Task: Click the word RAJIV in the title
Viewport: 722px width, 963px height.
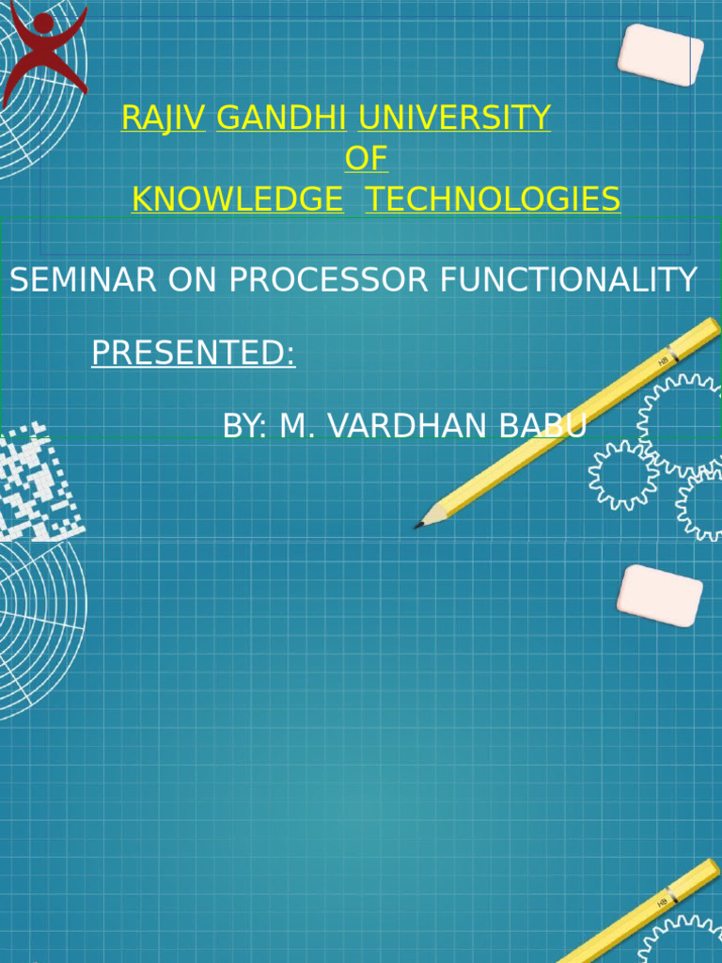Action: [x=163, y=118]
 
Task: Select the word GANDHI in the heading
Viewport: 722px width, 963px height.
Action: [x=281, y=118]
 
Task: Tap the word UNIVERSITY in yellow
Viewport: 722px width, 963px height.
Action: [x=454, y=118]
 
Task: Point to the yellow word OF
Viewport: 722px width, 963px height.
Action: [x=366, y=158]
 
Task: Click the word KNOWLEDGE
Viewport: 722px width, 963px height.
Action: [x=237, y=199]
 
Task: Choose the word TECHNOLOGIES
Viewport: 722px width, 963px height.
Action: [x=493, y=199]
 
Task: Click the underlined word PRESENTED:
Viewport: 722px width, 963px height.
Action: [x=193, y=354]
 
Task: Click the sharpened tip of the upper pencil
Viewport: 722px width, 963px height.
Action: [x=419, y=525]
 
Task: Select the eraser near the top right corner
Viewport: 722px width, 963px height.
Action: [x=660, y=55]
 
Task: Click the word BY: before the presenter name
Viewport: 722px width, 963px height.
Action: [x=245, y=426]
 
